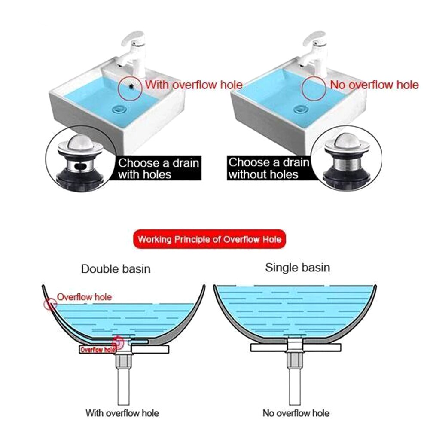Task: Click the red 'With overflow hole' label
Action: [x=194, y=85]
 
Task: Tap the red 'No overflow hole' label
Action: [x=374, y=85]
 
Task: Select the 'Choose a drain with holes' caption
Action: [x=159, y=168]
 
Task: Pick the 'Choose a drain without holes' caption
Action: [x=268, y=168]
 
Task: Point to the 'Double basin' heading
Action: [x=116, y=269]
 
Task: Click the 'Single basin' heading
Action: [x=298, y=268]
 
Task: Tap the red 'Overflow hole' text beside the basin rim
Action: [x=84, y=297]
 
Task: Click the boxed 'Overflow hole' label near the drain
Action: [x=98, y=349]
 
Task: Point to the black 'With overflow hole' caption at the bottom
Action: [x=122, y=413]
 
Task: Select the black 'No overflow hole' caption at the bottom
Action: [x=296, y=413]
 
